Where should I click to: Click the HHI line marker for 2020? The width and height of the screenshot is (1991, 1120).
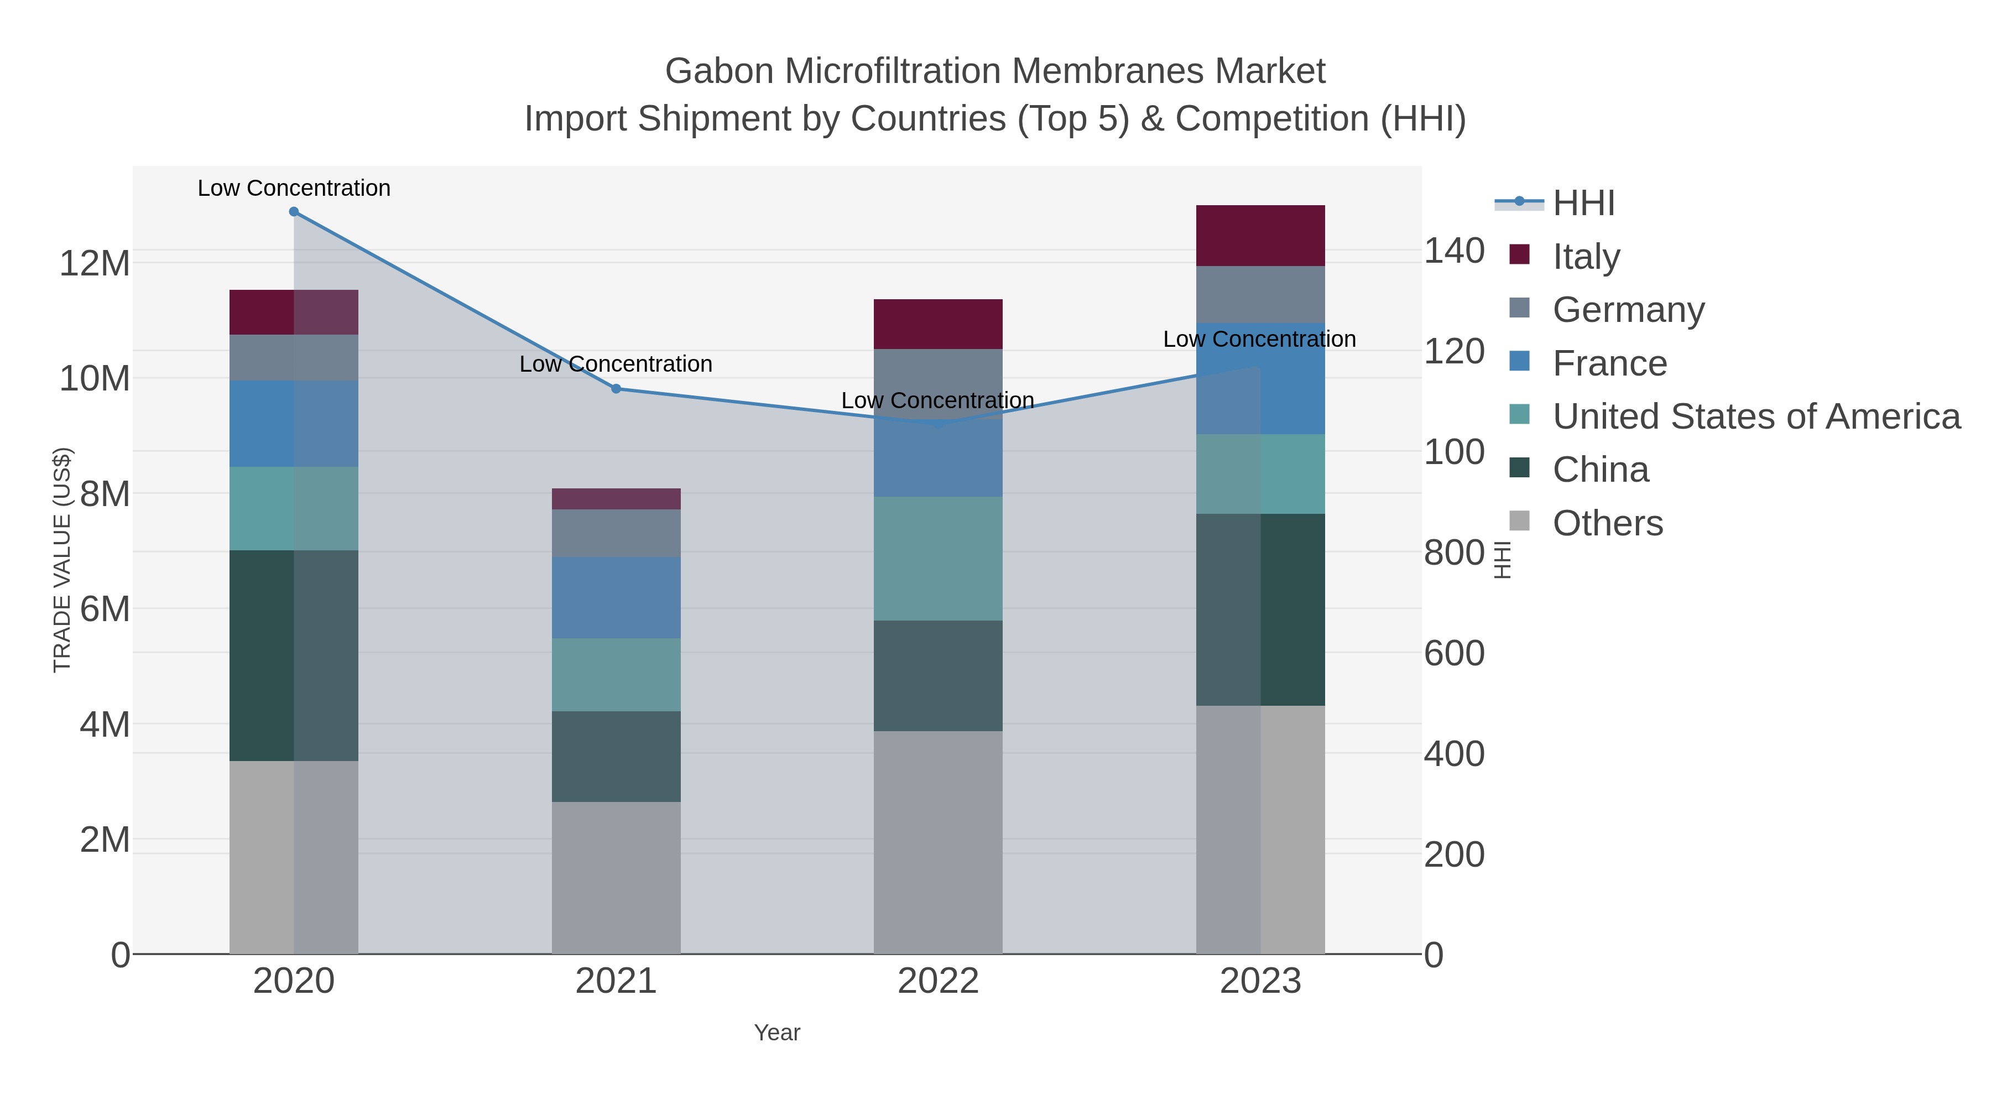294,212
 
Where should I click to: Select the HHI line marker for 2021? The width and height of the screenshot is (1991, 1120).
616,389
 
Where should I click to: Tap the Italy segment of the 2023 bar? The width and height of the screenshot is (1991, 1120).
1260,236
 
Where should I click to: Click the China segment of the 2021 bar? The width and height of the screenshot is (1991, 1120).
616,756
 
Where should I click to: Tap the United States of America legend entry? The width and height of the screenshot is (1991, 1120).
1755,416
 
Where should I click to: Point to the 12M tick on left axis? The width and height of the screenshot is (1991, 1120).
94,264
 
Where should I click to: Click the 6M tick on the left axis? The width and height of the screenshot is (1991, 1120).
105,609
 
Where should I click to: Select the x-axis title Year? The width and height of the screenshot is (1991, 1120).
777,1033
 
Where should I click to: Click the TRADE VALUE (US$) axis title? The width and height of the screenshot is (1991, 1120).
62,560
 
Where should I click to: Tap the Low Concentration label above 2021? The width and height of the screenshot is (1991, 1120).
616,364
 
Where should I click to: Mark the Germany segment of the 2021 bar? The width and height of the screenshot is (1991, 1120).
616,533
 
